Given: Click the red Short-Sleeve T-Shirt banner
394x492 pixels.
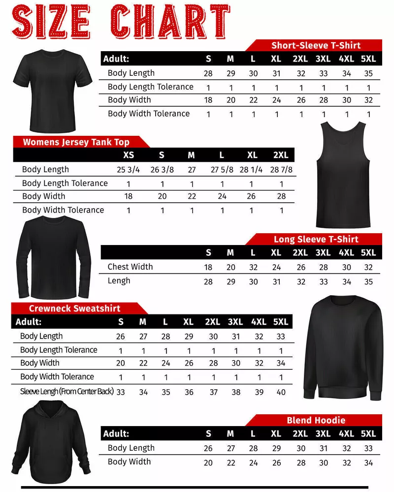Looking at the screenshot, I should click(316, 45).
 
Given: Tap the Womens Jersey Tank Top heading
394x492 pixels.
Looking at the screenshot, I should click(76, 142).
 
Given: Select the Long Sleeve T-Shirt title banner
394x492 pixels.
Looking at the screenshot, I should click(316, 240).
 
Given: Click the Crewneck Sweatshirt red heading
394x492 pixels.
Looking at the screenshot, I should click(74, 308).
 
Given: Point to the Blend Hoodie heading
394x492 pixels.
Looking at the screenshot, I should click(316, 420).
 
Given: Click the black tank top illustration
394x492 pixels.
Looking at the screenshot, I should click(343, 175).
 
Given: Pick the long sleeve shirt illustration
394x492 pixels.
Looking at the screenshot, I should click(55, 258).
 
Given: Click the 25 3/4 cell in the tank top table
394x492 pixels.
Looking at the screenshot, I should click(128, 170).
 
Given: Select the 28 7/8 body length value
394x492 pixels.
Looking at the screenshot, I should click(281, 170).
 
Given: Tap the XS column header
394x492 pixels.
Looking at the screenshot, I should click(128, 155).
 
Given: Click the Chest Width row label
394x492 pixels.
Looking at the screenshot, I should click(130, 267).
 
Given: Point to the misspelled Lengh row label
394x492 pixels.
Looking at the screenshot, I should click(119, 280).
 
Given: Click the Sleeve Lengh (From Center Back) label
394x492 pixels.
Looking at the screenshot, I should click(67, 392).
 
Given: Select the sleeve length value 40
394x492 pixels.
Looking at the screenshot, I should click(281, 392).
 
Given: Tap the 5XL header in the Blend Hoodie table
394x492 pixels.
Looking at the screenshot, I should click(368, 434).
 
